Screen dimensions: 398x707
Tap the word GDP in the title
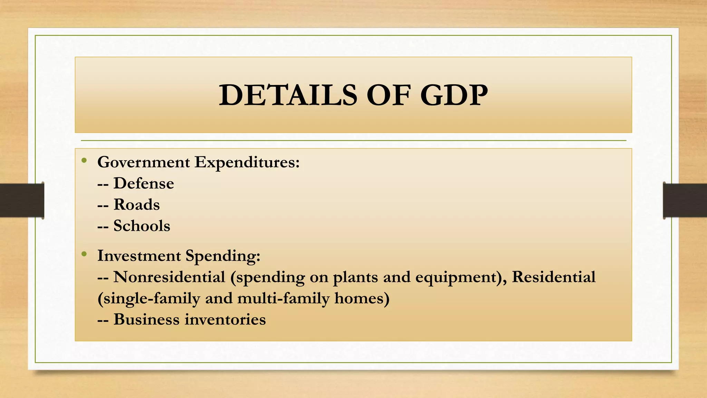[454, 95]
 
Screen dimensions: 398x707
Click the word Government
[144, 162]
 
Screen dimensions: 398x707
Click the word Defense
[144, 183]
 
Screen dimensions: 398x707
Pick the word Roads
[137, 205]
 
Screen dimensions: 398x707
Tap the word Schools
[142, 226]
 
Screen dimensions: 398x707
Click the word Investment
[139, 256]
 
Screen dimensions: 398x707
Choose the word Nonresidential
[169, 277]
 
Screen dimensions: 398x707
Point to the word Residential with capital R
[554, 277]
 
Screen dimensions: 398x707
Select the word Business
[146, 319]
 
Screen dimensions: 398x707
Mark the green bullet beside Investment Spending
[84, 254]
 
